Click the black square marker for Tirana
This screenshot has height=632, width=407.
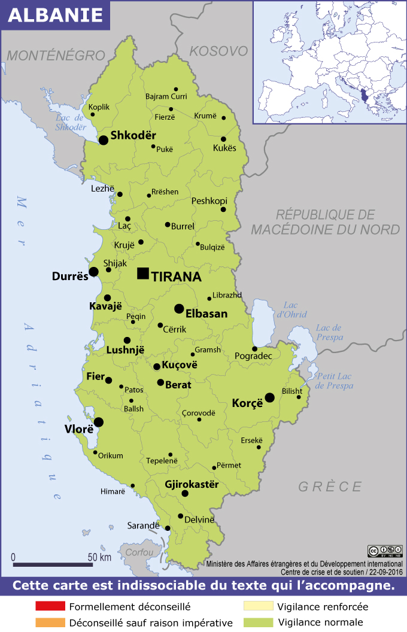point(142,274)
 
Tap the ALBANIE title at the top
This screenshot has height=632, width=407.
point(56,16)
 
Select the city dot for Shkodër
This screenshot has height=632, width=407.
point(104,140)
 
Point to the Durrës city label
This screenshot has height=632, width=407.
point(70,277)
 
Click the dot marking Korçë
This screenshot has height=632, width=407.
point(270,397)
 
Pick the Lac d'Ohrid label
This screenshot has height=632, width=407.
point(291,310)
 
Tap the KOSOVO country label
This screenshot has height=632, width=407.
point(218,51)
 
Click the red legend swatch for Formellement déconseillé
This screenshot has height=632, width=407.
point(49,606)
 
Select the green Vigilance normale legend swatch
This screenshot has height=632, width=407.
point(258,622)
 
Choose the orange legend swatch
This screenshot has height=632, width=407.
point(49,622)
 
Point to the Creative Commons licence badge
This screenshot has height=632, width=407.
point(384,551)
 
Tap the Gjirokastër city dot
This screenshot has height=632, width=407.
point(185,494)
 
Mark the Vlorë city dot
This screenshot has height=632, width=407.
point(98,422)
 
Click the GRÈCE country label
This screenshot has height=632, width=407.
point(330,487)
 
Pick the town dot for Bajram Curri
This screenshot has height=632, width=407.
point(176,89)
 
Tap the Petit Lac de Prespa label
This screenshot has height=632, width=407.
point(335,381)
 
